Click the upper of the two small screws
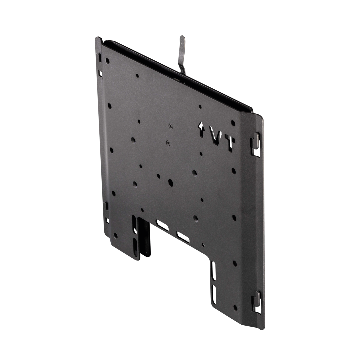tap(170, 126)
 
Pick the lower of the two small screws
tap(168, 143)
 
